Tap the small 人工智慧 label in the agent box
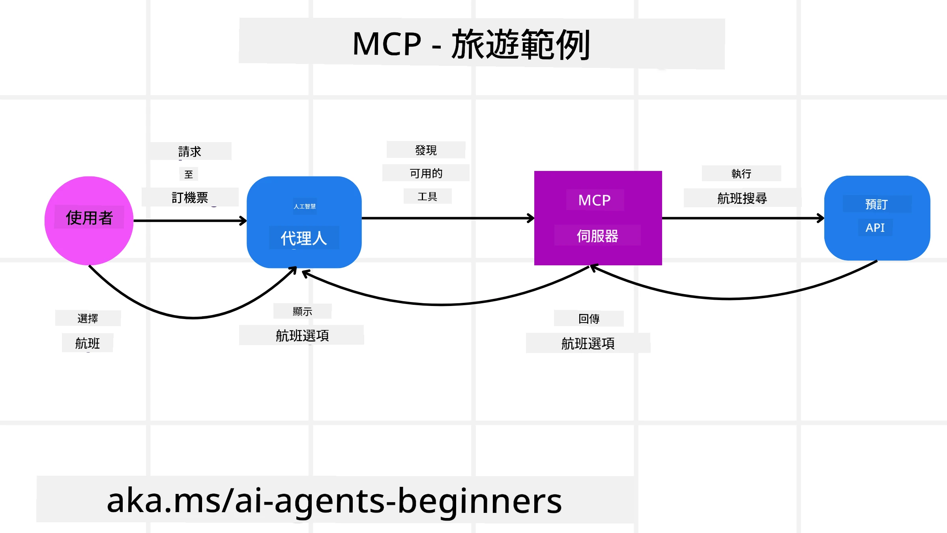305,206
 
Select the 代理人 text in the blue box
304,238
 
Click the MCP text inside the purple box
594,200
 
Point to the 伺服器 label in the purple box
597,236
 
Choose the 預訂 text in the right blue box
876,204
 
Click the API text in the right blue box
875,228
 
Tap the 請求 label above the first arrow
190,152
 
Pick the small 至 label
189,174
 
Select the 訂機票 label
190,197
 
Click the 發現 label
426,150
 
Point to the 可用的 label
426,173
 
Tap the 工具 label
427,196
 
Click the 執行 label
741,174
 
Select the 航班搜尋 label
742,198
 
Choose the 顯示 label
302,312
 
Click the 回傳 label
589,319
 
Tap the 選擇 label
88,318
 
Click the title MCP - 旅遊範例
472,44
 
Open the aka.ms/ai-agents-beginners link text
334,501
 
